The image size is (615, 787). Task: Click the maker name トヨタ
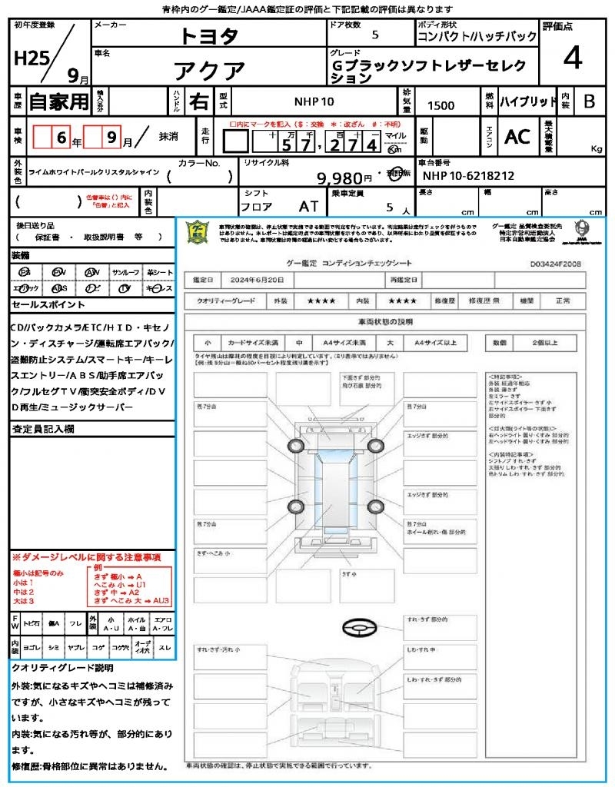[x=209, y=35]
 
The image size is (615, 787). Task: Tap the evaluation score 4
[x=572, y=58]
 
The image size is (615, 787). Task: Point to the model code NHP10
[x=314, y=101]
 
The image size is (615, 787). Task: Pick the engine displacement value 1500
[x=440, y=106]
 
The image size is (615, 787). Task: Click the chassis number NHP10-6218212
[x=468, y=176]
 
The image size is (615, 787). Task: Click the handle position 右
[x=198, y=101]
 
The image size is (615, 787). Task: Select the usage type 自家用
[x=58, y=101]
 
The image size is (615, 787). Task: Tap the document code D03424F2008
[x=555, y=263]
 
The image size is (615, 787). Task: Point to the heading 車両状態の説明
[x=384, y=321]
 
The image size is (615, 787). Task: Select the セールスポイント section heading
[x=41, y=305]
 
